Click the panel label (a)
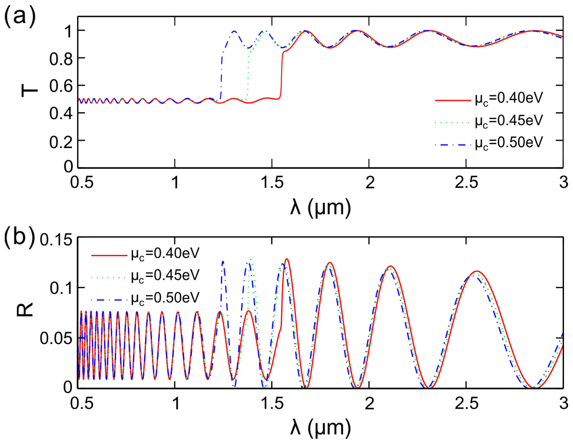click(20, 16)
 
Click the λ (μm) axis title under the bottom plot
click(320, 428)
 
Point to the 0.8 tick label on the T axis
click(61, 59)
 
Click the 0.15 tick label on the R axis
click(56, 240)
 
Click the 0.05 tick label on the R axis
click(56, 338)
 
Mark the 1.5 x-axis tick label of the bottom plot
click(272, 403)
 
